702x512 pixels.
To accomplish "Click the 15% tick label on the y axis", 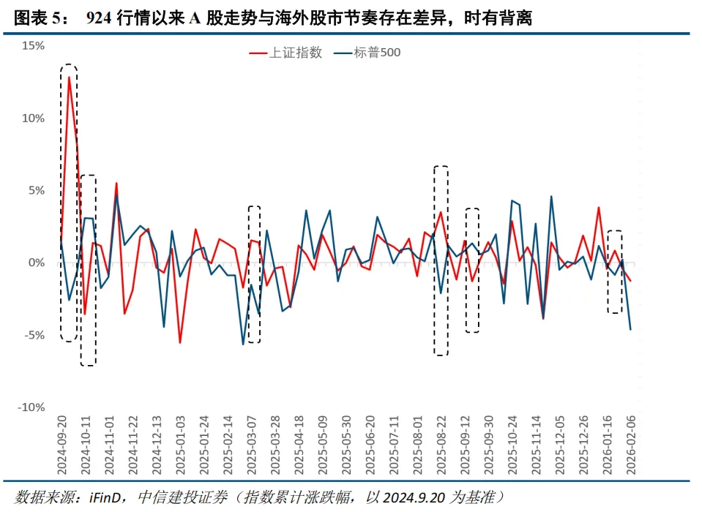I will [34, 45].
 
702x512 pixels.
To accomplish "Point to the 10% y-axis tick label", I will [34, 118].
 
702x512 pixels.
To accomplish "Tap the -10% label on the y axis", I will [31, 407].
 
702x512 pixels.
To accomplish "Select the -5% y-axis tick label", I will [34, 335].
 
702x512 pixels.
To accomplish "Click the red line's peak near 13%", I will [70, 77].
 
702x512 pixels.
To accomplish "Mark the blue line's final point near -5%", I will [630, 329].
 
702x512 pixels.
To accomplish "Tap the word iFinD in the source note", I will [108, 497].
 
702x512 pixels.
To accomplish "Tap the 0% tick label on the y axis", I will [37, 263].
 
